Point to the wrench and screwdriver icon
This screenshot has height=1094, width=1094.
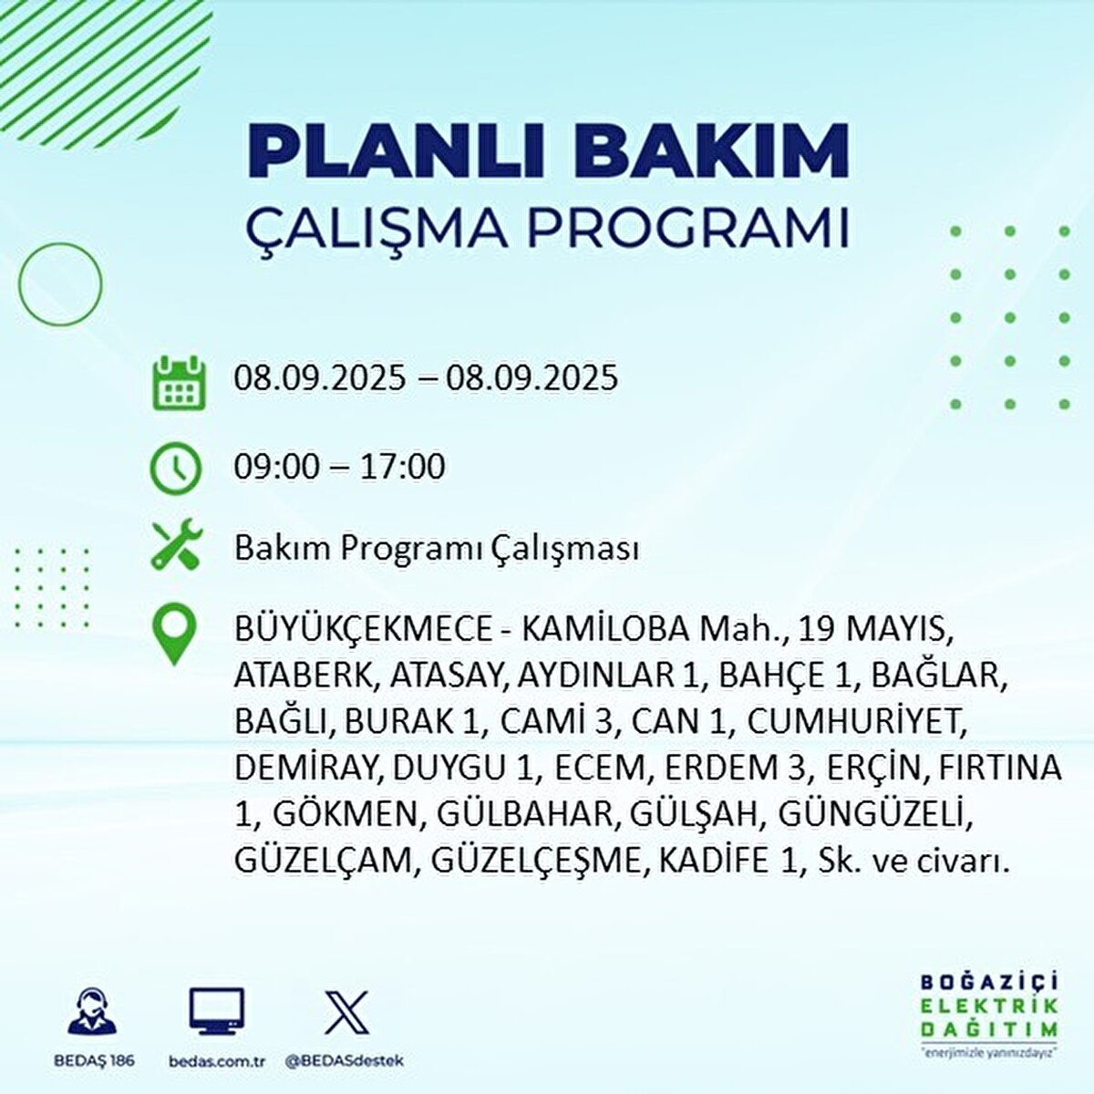click(174, 546)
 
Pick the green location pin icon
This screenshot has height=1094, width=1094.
click(174, 635)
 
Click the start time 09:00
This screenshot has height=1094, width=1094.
click(277, 468)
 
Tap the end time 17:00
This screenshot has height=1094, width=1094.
click(402, 468)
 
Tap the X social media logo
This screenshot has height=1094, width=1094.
click(346, 1012)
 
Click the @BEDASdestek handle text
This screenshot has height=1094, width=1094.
click(345, 1061)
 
